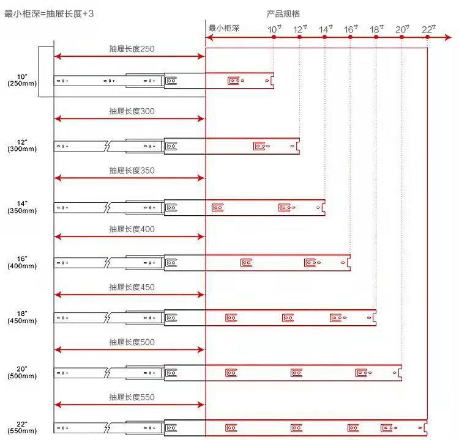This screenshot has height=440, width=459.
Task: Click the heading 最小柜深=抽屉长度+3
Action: (49, 13)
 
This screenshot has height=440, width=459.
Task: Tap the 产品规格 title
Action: (283, 13)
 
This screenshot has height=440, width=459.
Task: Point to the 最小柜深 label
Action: (223, 28)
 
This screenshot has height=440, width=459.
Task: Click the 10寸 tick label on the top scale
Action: (274, 29)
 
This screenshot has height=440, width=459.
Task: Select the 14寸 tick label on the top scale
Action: (326, 29)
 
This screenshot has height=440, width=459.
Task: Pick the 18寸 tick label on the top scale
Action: (376, 29)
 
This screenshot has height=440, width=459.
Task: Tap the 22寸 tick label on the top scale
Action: (428, 29)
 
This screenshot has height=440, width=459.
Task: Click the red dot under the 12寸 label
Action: (299, 38)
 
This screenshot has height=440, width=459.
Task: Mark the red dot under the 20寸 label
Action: (401, 38)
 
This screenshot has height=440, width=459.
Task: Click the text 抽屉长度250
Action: (132, 49)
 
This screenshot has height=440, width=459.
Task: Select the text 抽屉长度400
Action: (132, 229)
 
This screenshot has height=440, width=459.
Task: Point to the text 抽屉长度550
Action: (132, 397)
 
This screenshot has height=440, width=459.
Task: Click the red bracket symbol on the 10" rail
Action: (234, 80)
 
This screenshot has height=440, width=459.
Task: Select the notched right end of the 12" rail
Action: (297, 146)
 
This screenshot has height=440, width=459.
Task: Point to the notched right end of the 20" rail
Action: (400, 372)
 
